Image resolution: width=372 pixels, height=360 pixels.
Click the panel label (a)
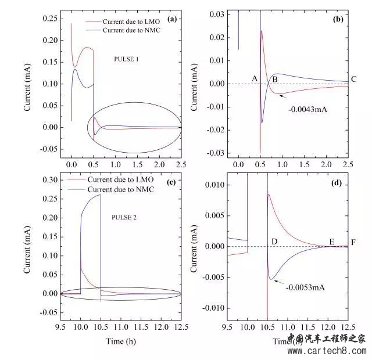point(171,19)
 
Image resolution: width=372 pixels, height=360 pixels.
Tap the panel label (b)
point(338,19)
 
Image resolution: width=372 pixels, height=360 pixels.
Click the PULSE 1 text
point(127,59)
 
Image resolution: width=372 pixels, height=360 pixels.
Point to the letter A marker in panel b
point(254,78)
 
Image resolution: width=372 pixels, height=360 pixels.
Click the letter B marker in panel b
point(276,78)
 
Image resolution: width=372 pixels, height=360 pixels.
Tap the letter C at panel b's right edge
point(353,80)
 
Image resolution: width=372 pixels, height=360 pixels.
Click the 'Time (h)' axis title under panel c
point(123,341)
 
